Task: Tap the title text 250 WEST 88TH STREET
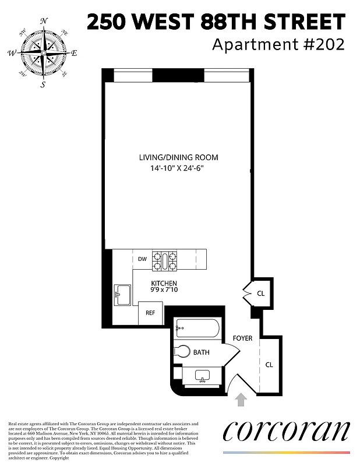[216, 23]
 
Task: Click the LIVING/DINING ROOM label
[178, 157]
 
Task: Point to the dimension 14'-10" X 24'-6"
[178, 168]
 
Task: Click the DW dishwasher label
[142, 259]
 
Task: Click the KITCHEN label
[164, 284]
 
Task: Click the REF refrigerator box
[150, 313]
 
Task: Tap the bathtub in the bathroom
[197, 330]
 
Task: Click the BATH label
[202, 352]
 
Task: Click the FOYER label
[242, 338]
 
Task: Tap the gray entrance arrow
[241, 400]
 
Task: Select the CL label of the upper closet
[260, 293]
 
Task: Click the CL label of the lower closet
[269, 365]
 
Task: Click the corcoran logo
[286, 432]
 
